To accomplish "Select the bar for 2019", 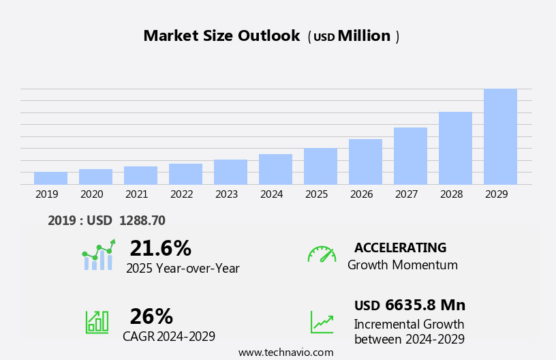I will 50,178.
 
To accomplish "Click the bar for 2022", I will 185,174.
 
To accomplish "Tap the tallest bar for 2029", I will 500,136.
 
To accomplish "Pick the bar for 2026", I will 365,162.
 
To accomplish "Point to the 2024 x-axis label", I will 271,194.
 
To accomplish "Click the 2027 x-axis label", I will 406,194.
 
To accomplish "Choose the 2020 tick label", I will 91,194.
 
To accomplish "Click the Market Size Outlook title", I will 221,36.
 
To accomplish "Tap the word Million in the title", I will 364,36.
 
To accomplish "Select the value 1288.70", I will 142,221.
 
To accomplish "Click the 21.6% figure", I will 160,248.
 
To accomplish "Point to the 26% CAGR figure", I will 151,316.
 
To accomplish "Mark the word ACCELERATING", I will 400,247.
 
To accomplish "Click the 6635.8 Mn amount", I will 425,305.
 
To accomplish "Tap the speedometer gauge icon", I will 322,254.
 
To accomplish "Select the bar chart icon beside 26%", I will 97,322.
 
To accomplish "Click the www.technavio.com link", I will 285,352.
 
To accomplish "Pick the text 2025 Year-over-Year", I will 183,269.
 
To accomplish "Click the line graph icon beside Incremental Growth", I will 322,322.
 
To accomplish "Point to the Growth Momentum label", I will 402,265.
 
